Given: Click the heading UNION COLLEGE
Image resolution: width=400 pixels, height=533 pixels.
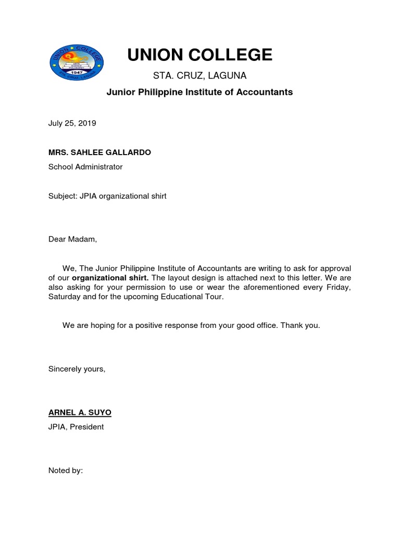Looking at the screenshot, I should tap(199, 55).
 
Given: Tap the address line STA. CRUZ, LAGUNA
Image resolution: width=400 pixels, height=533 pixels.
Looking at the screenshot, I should tap(199, 76).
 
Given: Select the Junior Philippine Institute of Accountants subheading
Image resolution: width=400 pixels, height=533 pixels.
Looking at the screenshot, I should tap(199, 92).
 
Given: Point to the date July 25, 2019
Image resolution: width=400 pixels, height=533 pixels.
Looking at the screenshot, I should tap(72, 123).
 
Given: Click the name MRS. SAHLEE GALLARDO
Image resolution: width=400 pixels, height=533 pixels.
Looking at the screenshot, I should tap(99, 153).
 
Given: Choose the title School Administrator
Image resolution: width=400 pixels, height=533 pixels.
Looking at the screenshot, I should tap(85, 167).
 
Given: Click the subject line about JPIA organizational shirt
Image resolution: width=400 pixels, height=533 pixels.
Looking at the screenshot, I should tap(107, 196).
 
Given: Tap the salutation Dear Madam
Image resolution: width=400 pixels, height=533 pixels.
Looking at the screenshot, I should tap(72, 239).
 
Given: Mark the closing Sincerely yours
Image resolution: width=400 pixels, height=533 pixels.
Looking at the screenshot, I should tap(77, 369).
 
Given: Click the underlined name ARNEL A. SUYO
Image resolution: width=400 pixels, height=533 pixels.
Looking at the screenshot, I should tap(80, 412).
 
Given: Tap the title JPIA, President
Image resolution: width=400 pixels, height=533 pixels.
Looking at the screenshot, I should tap(76, 427).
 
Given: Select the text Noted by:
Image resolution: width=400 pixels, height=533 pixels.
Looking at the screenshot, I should tap(66, 471).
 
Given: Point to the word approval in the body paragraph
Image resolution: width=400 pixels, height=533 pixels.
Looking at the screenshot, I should tap(334, 268).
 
